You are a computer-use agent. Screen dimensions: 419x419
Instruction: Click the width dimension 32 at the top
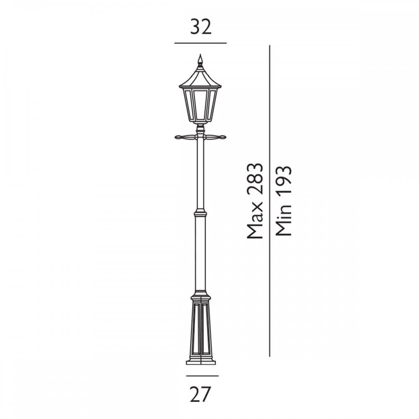201,27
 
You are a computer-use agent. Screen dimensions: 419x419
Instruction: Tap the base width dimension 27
201,394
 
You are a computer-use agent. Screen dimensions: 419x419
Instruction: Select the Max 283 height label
255,201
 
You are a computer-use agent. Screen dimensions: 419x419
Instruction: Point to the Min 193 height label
283,201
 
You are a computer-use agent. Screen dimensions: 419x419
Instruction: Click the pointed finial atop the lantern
200,60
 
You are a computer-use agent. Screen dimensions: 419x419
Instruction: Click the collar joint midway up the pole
200,214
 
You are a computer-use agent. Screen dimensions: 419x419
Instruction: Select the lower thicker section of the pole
200,251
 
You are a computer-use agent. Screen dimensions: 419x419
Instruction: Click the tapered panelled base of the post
201,327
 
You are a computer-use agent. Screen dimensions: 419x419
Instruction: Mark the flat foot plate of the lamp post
201,362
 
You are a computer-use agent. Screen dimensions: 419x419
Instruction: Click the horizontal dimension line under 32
201,43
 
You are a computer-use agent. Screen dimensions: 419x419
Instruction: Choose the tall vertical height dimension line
269,201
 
